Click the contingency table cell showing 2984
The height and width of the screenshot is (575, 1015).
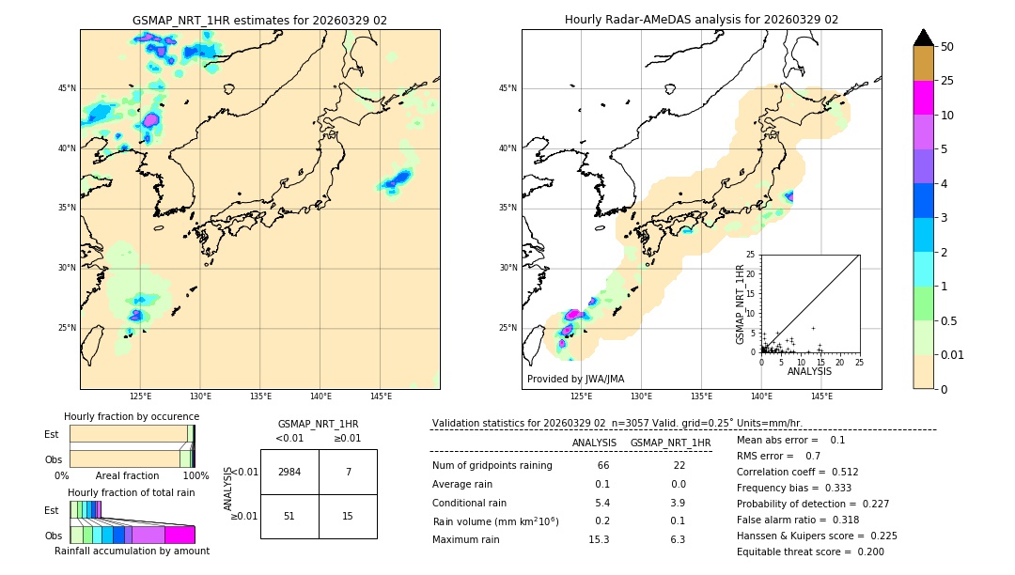point(289,472)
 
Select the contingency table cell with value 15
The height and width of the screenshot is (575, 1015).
point(348,516)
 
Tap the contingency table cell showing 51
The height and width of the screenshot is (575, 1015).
point(289,516)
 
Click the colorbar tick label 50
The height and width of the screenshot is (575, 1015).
point(947,47)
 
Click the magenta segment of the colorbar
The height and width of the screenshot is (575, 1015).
point(923,98)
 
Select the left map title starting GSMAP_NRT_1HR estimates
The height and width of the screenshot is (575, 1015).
point(259,20)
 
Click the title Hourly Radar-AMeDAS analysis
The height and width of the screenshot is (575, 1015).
point(701,20)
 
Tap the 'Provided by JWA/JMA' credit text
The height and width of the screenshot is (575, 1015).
point(575,379)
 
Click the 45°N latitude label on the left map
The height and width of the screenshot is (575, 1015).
point(67,88)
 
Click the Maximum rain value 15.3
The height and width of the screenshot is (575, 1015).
point(599,539)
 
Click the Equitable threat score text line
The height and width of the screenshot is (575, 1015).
point(810,552)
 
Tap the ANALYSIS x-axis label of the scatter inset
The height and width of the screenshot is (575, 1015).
point(809,371)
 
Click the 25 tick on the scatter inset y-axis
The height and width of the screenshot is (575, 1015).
point(751,255)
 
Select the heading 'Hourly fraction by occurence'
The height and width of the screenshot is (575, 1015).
point(132,416)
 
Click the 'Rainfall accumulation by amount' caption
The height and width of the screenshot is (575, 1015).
point(133,551)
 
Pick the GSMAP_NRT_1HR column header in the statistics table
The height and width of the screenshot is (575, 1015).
point(670,443)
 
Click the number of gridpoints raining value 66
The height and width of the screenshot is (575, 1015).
point(602,466)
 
